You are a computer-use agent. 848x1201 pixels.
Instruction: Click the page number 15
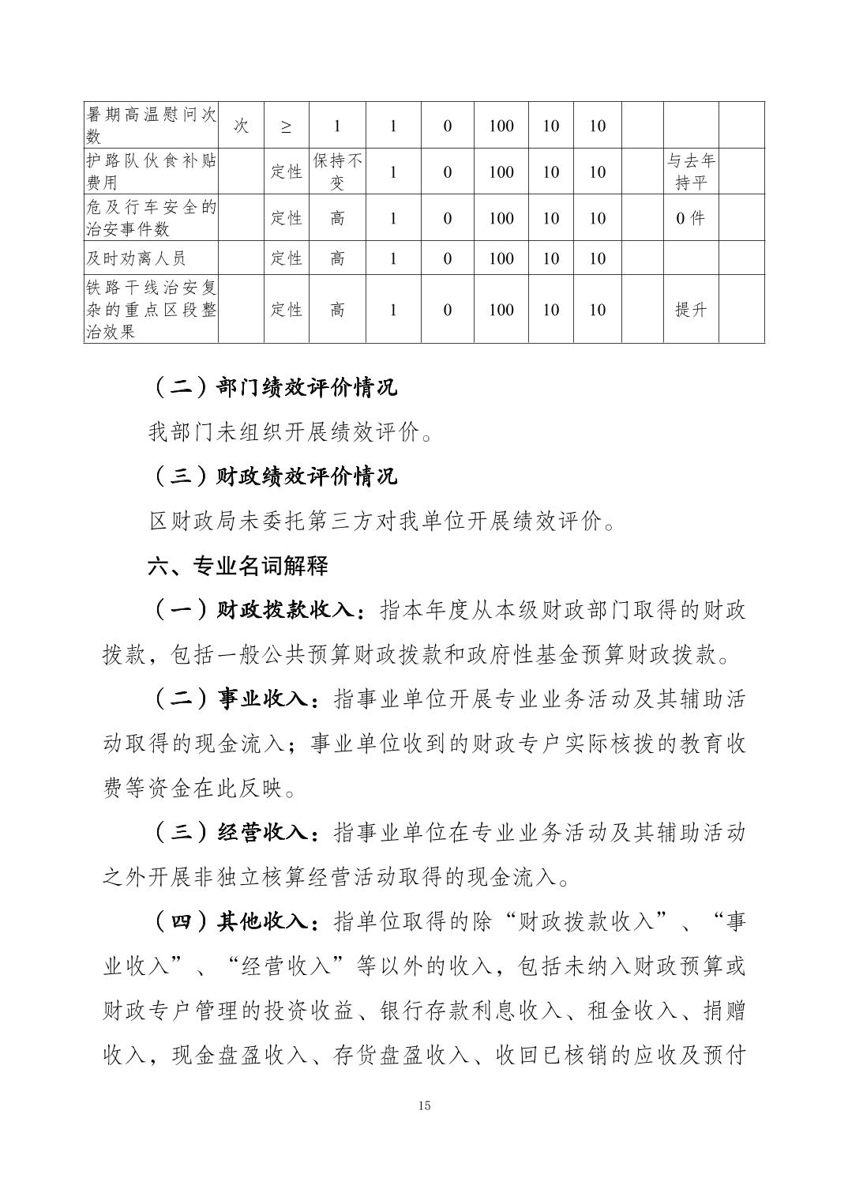tap(424, 1105)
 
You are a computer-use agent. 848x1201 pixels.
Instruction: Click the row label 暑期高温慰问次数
tap(151, 125)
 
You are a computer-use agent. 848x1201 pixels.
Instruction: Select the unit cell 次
tap(242, 125)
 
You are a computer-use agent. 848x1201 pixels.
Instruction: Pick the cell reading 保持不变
tap(337, 171)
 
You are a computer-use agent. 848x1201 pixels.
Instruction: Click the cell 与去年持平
tap(691, 171)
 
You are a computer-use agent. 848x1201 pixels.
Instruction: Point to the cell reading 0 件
tap(691, 218)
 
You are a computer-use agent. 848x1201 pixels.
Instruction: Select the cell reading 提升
tap(691, 310)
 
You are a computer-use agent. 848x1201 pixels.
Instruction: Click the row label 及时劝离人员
tap(135, 258)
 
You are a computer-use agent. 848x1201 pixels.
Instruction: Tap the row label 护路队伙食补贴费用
tap(151, 171)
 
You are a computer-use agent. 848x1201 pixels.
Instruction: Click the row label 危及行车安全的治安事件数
tap(151, 218)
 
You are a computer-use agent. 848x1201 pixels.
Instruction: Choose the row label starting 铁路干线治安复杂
tap(151, 310)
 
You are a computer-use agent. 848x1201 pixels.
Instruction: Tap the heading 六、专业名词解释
tap(238, 566)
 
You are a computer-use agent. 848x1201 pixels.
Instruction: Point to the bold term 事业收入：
tap(268, 699)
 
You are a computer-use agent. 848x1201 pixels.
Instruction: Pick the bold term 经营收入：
tap(268, 834)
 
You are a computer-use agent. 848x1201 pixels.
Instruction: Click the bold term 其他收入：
tap(268, 922)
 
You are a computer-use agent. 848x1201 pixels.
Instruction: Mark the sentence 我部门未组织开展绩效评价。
tap(291, 432)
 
